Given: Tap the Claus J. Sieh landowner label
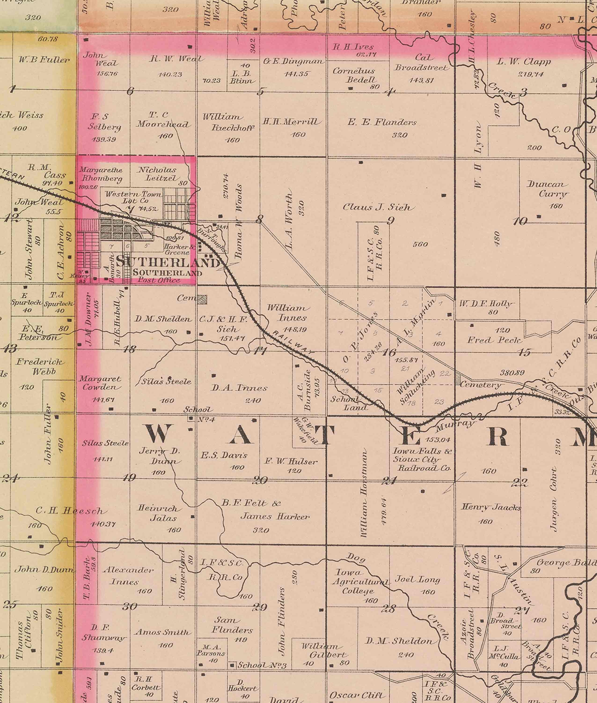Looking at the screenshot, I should point(378,207).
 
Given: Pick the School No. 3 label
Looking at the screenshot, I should point(262,665).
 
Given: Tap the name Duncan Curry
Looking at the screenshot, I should point(547,189).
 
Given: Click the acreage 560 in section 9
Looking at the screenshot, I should point(420,244).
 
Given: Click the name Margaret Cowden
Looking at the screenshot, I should point(101,383).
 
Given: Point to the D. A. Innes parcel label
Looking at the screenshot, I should point(239,388).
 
